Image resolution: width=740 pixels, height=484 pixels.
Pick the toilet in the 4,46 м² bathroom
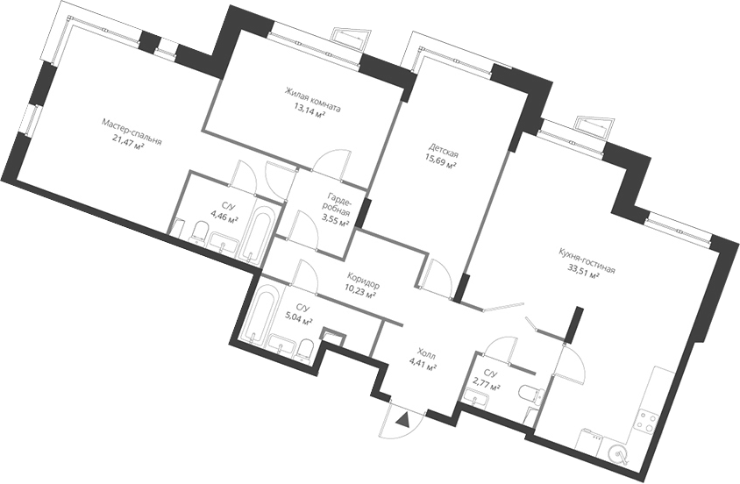[x=200, y=233]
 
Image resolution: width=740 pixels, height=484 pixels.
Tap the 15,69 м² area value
[x=441, y=163]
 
